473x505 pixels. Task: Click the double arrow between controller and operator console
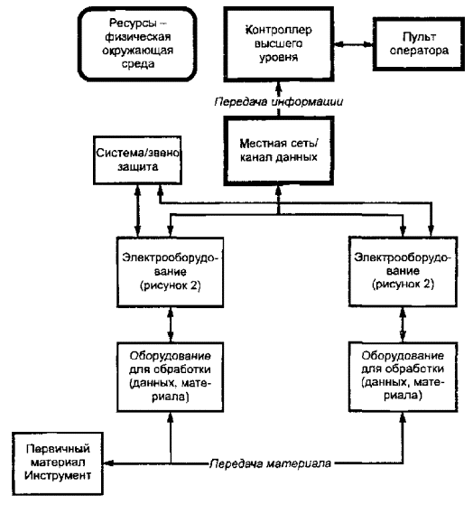[353, 44]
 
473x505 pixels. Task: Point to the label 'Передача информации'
[279, 102]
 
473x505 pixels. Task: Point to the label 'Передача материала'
[270, 463]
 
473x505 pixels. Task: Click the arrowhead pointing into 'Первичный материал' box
[107, 463]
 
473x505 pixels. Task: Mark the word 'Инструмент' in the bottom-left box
[58, 476]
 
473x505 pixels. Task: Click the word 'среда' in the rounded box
[138, 63]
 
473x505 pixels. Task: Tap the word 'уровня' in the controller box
[279, 57]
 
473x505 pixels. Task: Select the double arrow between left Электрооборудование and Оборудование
[171, 324]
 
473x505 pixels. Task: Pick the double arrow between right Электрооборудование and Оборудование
[403, 324]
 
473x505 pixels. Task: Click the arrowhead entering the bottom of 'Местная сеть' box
[279, 191]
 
